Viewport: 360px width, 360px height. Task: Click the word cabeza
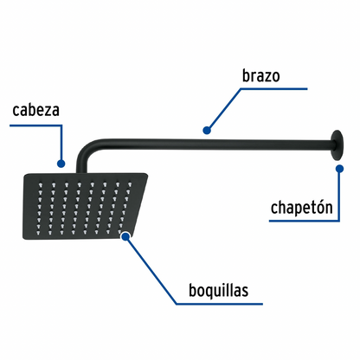pyautogui.click(x=36, y=110)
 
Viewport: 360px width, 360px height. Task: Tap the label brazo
pyautogui.click(x=261, y=76)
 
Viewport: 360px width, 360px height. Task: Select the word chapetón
pyautogui.click(x=301, y=208)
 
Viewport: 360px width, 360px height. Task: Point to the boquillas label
pyautogui.click(x=219, y=290)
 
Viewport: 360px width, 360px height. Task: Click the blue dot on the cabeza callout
pyautogui.click(x=61, y=164)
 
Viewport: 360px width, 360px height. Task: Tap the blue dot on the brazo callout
pyautogui.click(x=207, y=131)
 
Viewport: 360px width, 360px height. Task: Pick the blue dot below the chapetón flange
pyautogui.click(x=340, y=169)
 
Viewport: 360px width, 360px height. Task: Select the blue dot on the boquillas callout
pyautogui.click(x=125, y=236)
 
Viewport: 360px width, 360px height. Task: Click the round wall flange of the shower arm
pyautogui.click(x=337, y=145)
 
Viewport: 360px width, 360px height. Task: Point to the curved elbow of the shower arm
pyautogui.click(x=86, y=150)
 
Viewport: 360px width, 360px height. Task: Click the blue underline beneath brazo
pyautogui.click(x=274, y=89)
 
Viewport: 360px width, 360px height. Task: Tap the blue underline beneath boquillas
pyautogui.click(x=219, y=304)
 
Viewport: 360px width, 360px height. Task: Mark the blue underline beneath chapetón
pyautogui.click(x=304, y=221)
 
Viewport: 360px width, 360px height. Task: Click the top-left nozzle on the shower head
pyautogui.click(x=40, y=183)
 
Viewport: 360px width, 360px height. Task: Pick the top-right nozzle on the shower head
pyautogui.click(x=130, y=183)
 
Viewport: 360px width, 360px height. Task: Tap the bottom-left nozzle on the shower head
pyautogui.click(x=38, y=232)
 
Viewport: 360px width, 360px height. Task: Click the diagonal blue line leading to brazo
pyautogui.click(x=224, y=109)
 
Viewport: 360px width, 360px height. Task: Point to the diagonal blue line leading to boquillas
pyautogui.click(x=151, y=271)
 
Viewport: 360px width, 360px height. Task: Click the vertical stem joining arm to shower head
pyautogui.click(x=81, y=165)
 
